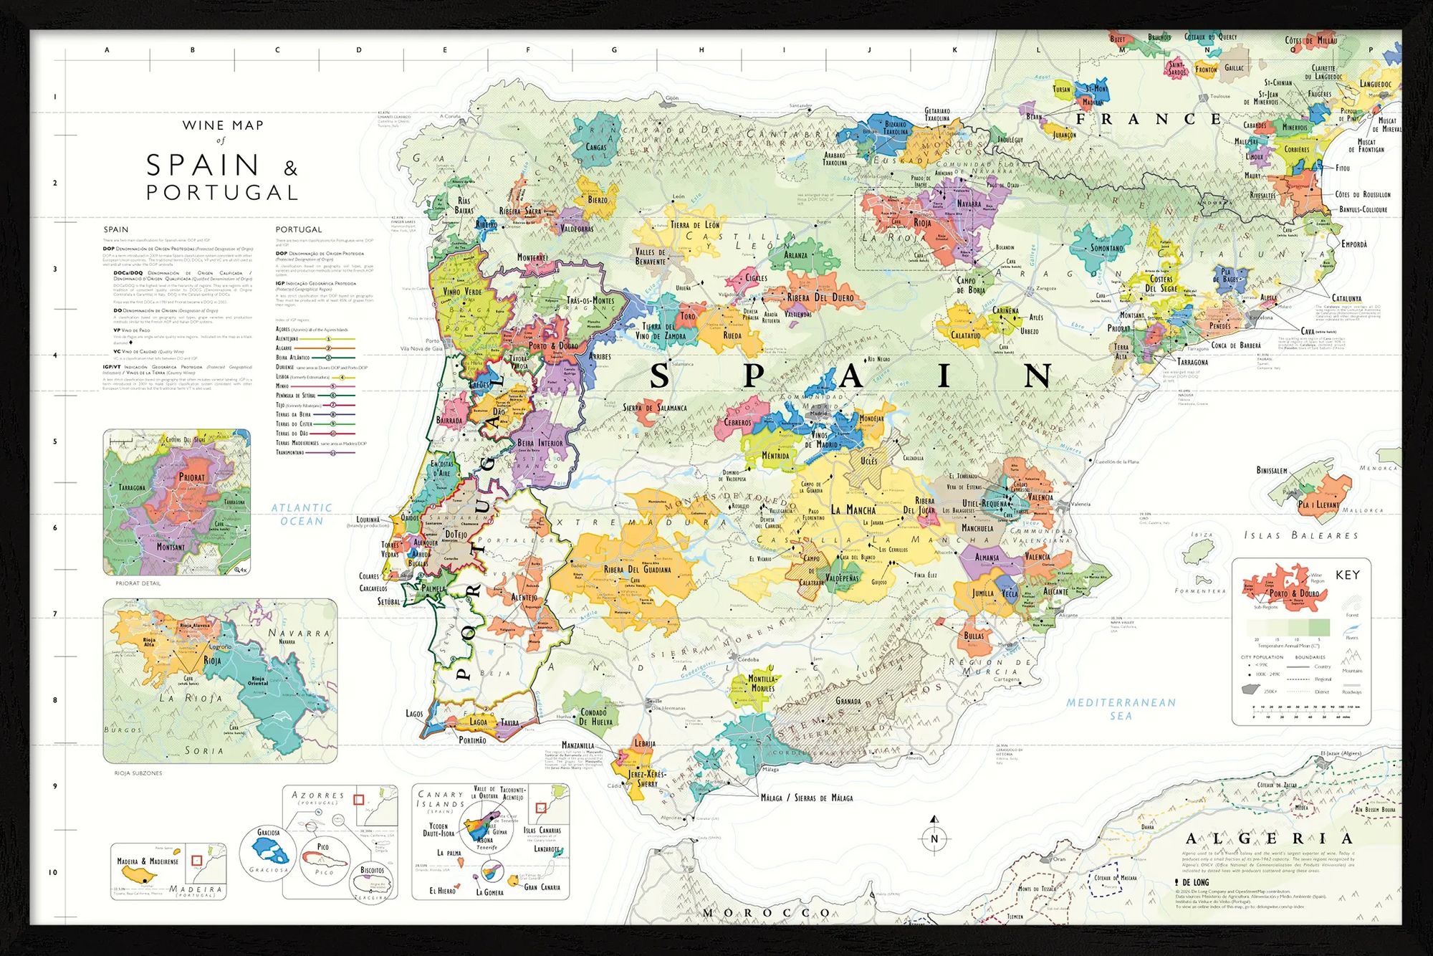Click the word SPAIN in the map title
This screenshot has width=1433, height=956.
coord(203,166)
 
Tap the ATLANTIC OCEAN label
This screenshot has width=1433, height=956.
coord(302,515)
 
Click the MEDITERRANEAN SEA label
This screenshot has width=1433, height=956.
coord(1121,709)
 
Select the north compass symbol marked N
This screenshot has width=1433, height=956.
coord(934,838)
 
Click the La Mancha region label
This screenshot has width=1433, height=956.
coord(853,510)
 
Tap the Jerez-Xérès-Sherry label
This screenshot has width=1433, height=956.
coord(648,779)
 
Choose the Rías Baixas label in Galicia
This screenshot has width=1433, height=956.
coord(464,206)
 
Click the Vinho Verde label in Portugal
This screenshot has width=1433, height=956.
coord(462,292)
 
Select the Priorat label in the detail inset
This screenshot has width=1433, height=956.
coord(191,477)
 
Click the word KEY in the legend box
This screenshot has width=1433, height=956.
coord(1347,575)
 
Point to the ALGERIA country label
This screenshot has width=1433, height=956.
coord(1268,838)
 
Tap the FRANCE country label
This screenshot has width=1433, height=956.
coord(1149,119)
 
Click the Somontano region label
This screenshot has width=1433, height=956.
coord(1106,249)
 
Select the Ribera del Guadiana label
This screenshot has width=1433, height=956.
coord(637,570)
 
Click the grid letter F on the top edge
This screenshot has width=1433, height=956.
coord(528,50)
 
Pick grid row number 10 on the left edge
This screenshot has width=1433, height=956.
coord(53,872)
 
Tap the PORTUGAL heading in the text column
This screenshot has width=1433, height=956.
coord(299,229)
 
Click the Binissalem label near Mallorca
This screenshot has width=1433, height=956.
coord(1272,471)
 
